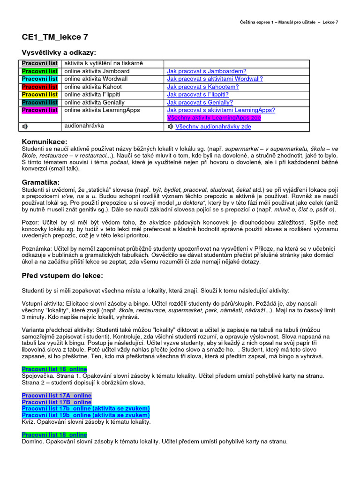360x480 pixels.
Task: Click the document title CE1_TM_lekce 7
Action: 54,37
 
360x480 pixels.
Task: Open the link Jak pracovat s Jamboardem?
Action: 207,71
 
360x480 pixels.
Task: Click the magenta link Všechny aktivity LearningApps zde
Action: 214,118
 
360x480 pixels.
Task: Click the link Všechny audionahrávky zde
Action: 213,127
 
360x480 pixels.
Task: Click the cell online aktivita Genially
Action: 94,103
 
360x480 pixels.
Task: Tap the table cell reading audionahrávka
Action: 84,126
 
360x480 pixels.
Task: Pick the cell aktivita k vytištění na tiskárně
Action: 103,63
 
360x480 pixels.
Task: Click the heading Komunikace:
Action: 45,142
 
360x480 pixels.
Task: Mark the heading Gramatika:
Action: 41,182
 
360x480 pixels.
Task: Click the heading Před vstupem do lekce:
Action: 62,275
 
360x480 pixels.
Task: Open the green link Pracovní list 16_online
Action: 54,369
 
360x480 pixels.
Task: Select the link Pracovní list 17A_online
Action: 56,396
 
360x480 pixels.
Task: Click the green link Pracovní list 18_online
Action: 54,435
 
